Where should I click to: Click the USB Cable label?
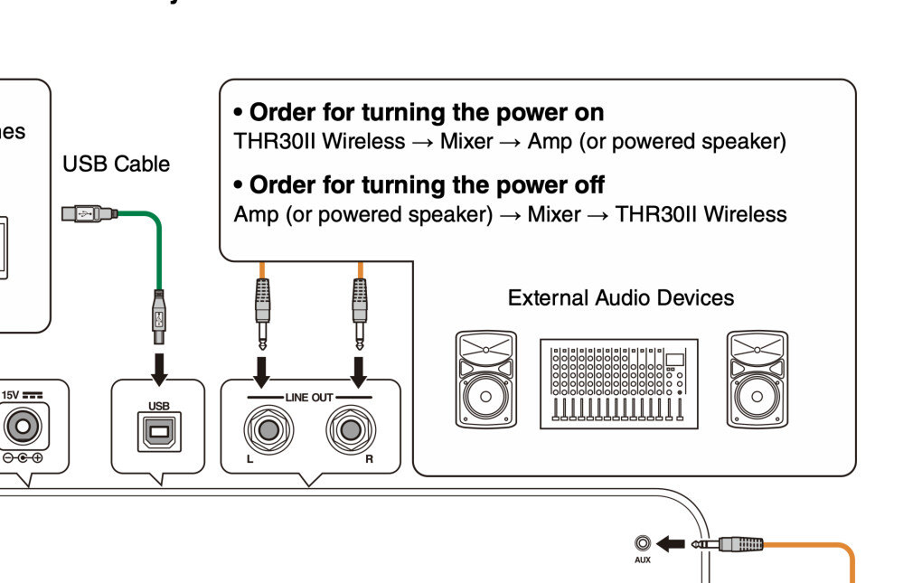tap(116, 165)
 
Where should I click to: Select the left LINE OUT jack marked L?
tap(266, 428)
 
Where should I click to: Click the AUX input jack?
tap(643, 543)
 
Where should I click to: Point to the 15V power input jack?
tap(25, 426)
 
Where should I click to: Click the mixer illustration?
tap(619, 384)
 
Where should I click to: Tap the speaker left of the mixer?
tap(486, 380)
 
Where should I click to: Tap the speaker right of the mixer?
tap(757, 380)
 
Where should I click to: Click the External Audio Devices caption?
tap(621, 298)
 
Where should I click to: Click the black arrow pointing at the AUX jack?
tap(671, 543)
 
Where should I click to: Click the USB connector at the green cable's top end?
tap(88, 214)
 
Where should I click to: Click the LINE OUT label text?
tap(310, 398)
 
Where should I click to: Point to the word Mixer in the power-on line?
tap(466, 142)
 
